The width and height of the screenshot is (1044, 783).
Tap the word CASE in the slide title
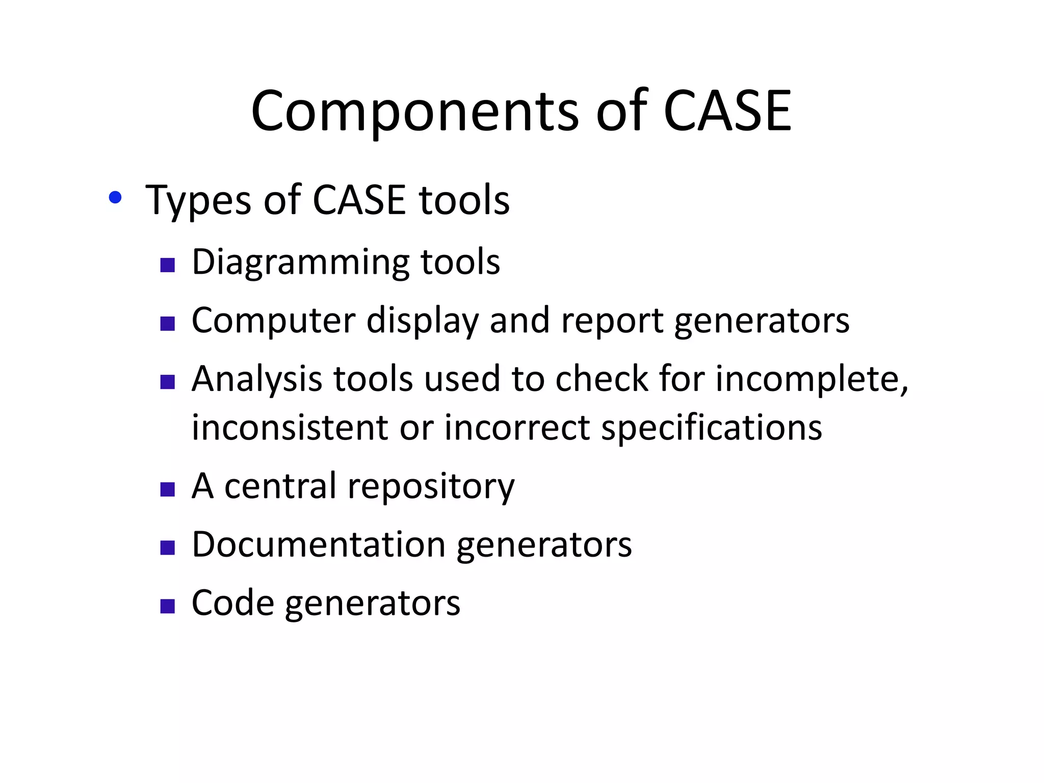point(727,111)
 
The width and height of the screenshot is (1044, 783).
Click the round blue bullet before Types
point(115,198)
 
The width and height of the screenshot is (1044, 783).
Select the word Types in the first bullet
point(198,200)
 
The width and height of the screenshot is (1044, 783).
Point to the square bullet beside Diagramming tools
point(168,265)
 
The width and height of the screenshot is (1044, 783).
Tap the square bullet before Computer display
point(168,324)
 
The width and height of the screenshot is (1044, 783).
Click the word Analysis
point(256,380)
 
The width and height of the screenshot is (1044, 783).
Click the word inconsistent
point(289,427)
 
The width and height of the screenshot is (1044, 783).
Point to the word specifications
point(712,428)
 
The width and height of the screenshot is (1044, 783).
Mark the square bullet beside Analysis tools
point(168,382)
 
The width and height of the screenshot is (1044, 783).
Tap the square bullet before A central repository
point(168,489)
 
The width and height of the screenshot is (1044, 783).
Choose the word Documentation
point(319,544)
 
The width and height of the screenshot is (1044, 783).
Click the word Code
point(232,603)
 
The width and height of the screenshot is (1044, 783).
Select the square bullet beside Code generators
point(168,606)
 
